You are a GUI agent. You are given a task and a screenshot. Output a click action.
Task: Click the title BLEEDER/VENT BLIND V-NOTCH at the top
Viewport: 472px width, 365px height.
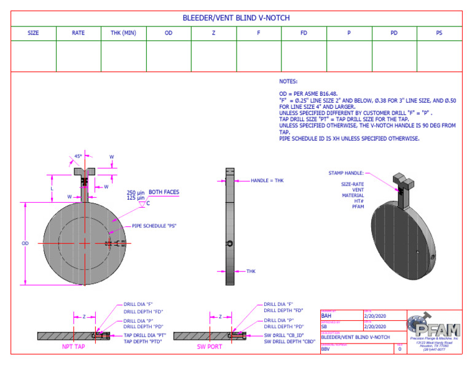(x=236, y=18)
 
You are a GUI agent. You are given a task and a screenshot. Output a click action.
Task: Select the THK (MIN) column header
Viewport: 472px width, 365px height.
(x=123, y=33)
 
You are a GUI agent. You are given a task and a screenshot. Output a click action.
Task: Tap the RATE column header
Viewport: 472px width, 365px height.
(x=78, y=33)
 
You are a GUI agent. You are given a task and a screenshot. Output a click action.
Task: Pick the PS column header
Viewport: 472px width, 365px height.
(x=439, y=33)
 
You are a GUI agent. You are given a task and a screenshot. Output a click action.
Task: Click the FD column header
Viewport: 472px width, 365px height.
(x=304, y=33)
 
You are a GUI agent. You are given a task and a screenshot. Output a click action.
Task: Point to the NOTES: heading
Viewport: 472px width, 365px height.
(x=288, y=81)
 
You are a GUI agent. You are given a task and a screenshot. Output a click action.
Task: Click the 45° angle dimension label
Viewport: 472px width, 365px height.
(x=78, y=157)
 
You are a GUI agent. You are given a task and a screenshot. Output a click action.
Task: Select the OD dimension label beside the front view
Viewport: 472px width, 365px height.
(x=25, y=243)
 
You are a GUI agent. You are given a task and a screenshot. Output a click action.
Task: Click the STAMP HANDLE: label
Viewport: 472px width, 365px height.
(x=346, y=174)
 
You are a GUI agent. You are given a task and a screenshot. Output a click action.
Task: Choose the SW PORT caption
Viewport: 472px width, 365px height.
(x=210, y=347)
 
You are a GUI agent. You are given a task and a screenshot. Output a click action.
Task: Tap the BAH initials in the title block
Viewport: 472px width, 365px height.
(x=326, y=316)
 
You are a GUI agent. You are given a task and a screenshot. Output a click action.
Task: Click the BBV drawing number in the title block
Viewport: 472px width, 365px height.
(x=326, y=348)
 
